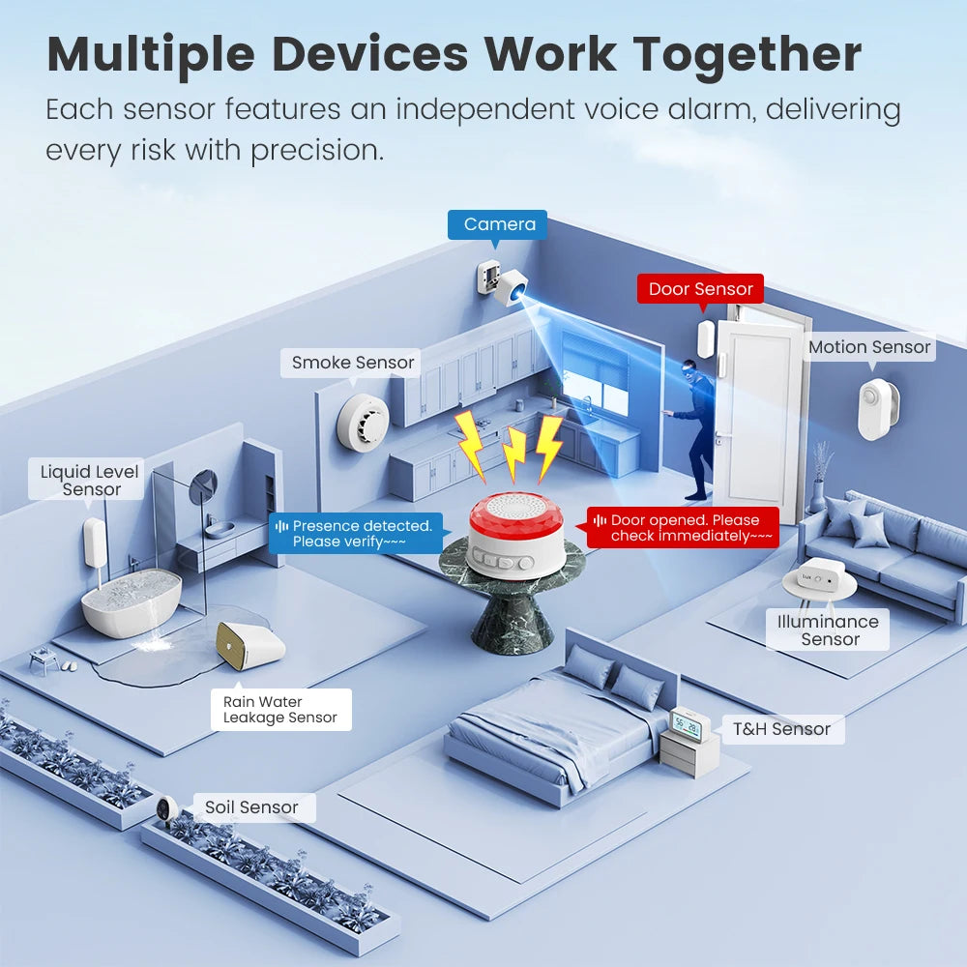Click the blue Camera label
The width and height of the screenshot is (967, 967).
[x=498, y=225]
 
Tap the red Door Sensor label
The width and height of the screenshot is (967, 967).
[x=700, y=289]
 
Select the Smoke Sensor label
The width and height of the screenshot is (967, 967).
[x=353, y=363]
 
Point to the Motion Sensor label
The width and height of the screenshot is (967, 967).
[x=869, y=347]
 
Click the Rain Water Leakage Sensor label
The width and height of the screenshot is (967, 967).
[x=279, y=710]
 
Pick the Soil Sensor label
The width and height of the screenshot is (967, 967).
[x=251, y=807]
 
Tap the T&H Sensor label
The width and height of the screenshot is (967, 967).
[x=780, y=729]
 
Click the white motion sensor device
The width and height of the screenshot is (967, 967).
[x=877, y=408]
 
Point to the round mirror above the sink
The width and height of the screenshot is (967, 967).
[x=204, y=486]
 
